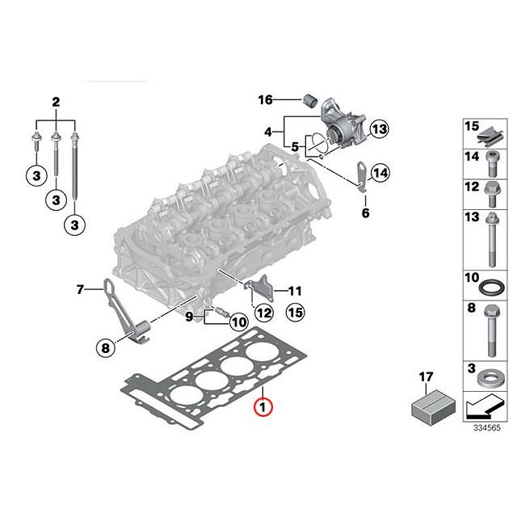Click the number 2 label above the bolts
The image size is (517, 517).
56,102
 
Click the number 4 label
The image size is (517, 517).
364,213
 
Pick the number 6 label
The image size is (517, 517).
80,288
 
